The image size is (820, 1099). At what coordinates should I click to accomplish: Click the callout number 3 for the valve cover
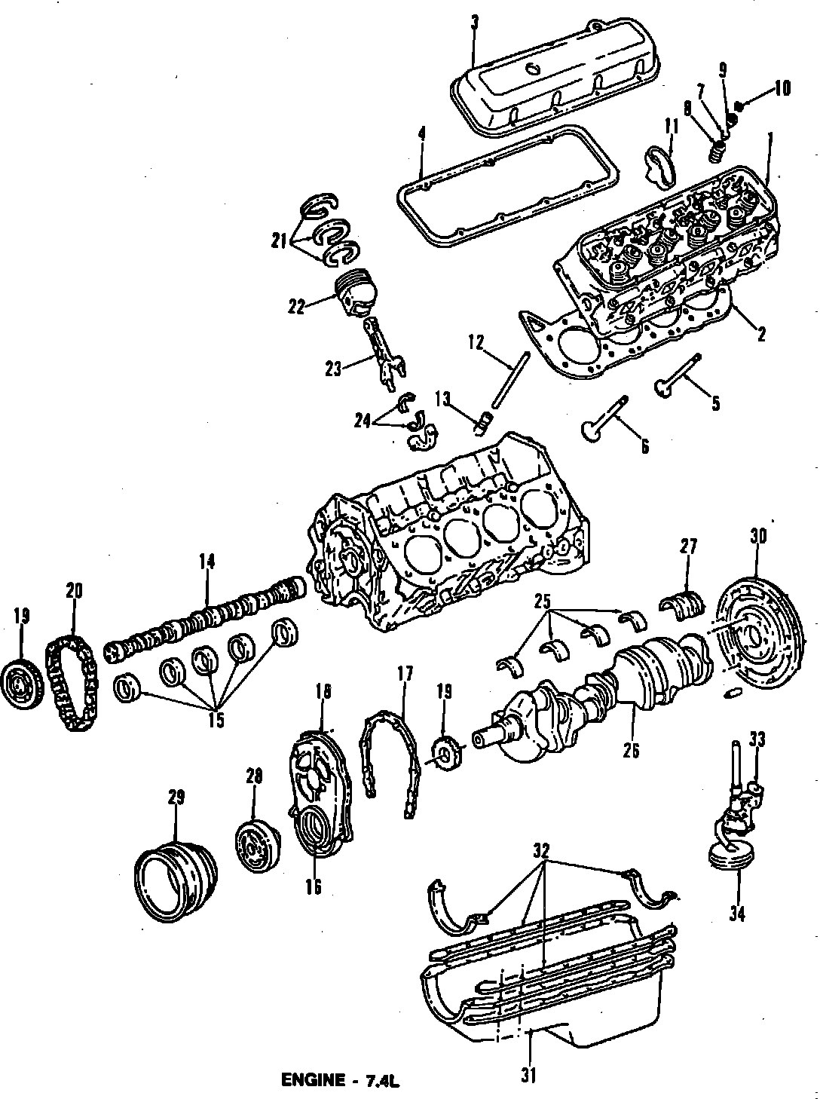[473, 23]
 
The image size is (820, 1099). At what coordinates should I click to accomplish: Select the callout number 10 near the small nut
[782, 88]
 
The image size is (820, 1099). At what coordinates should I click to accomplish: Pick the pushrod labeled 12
[511, 384]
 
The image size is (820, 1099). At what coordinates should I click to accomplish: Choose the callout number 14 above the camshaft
[207, 561]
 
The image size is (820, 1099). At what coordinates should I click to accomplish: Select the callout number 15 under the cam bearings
[216, 720]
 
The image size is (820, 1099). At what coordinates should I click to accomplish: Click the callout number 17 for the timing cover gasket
[405, 674]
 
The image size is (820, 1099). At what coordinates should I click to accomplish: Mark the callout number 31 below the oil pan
[528, 1076]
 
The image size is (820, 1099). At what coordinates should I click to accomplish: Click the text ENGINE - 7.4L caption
[339, 1080]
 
